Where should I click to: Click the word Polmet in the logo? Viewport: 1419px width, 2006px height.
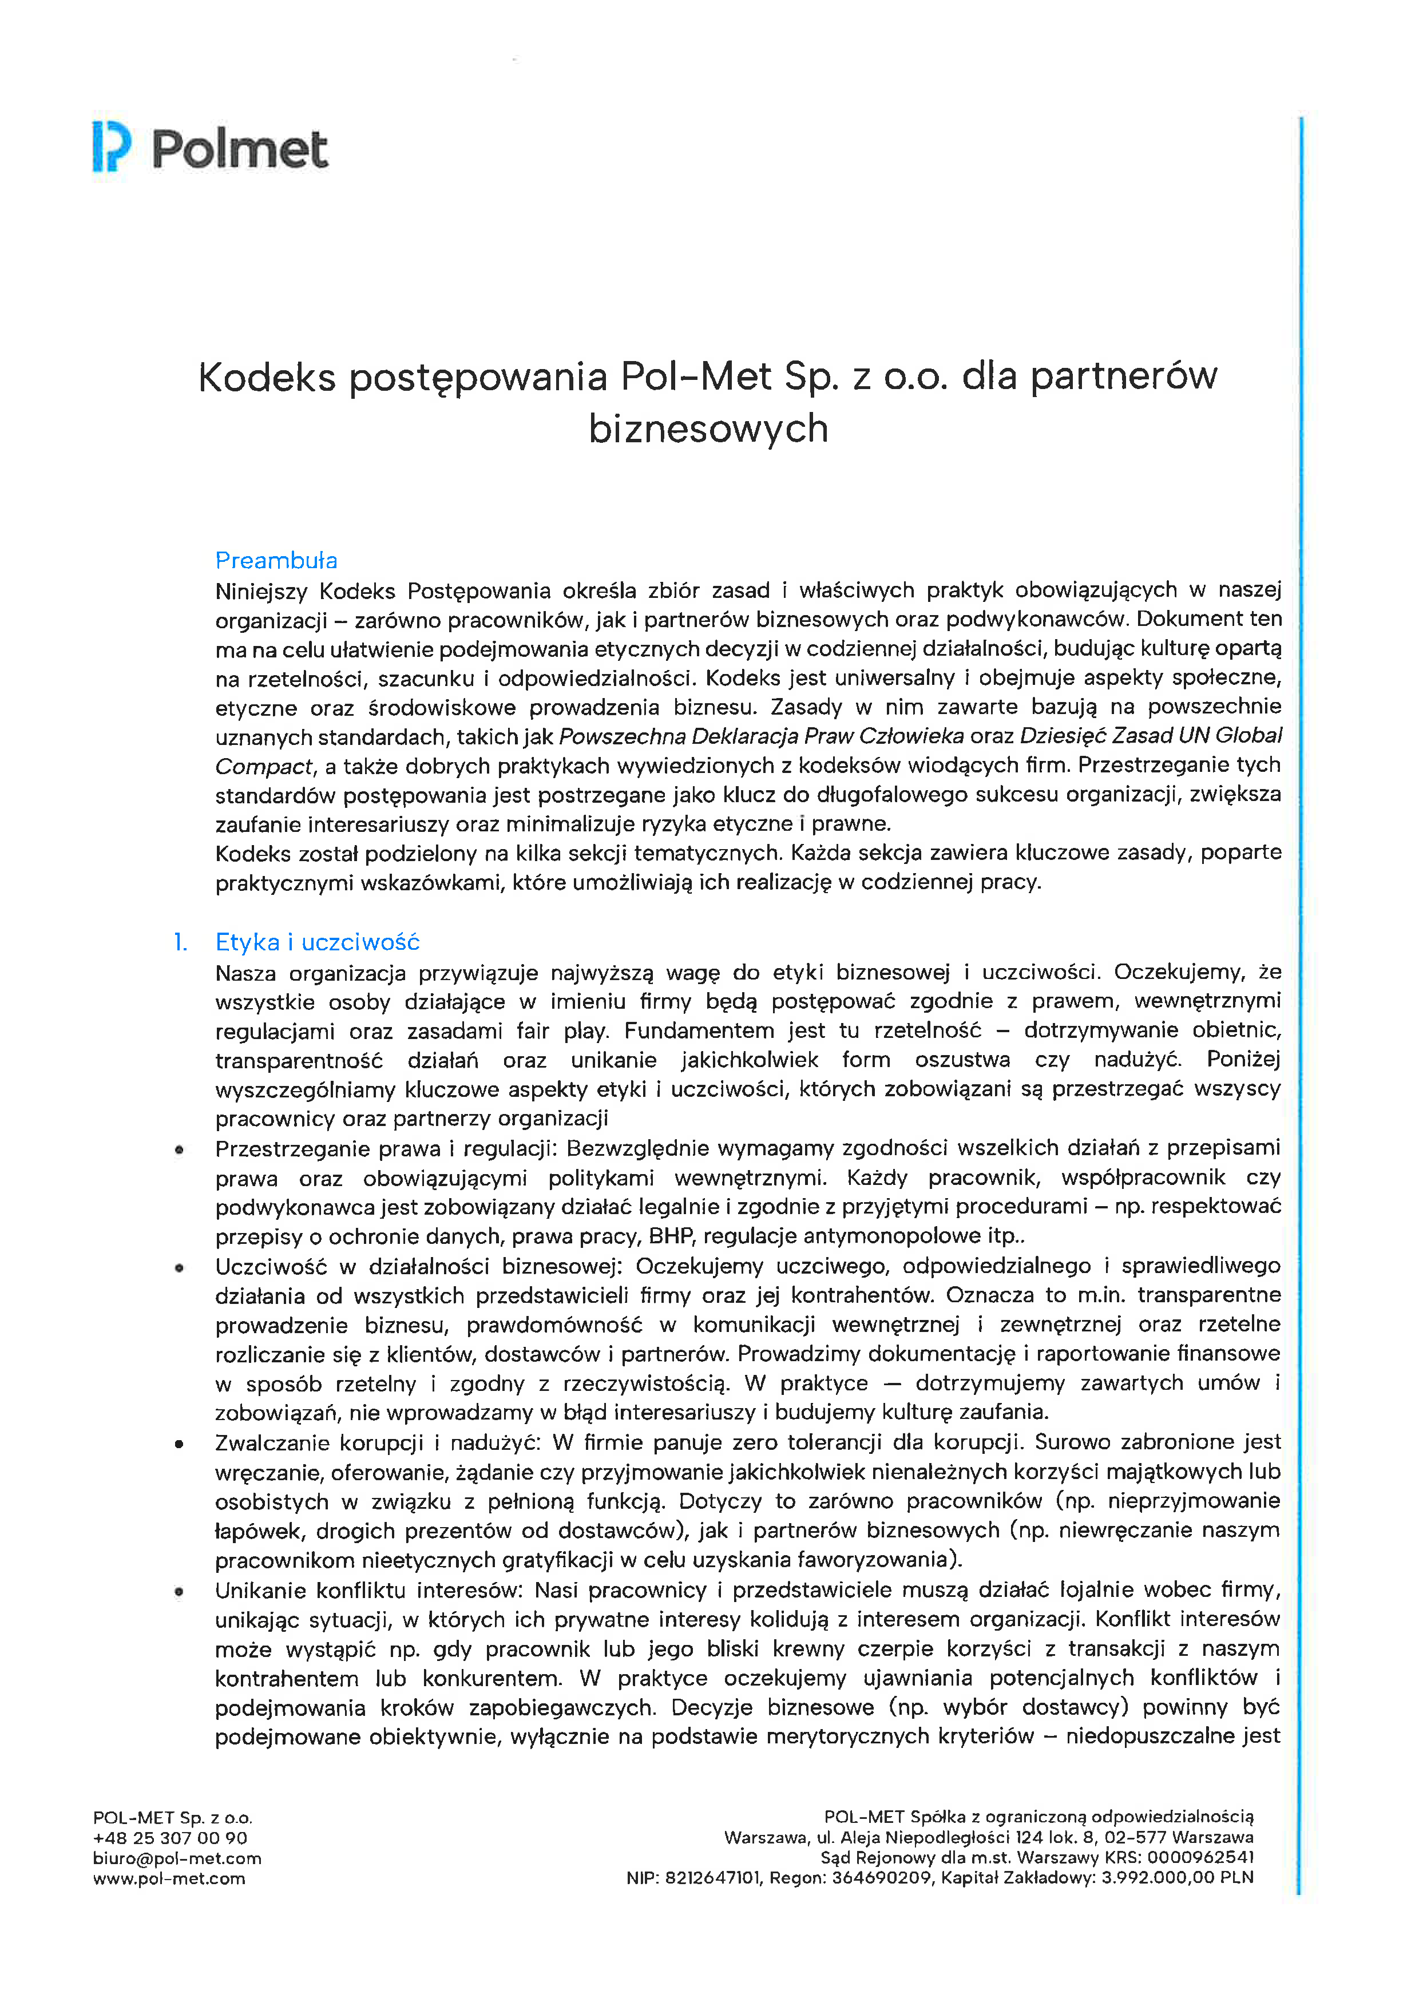click(x=240, y=149)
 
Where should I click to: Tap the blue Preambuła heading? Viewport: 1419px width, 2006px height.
click(x=276, y=560)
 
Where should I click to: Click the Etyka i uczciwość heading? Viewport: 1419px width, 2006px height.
click(x=317, y=942)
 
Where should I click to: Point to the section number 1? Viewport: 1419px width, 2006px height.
click(x=180, y=942)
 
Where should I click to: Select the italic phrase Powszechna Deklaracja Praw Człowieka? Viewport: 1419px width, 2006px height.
click(x=761, y=736)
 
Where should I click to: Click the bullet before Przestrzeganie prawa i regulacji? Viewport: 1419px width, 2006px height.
click(x=179, y=1150)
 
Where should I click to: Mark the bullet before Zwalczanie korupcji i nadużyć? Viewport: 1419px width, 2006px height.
click(x=179, y=1444)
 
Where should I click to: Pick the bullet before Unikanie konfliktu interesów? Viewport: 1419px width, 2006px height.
click(x=179, y=1592)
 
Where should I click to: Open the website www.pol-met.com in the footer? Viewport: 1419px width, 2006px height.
click(x=169, y=1878)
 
